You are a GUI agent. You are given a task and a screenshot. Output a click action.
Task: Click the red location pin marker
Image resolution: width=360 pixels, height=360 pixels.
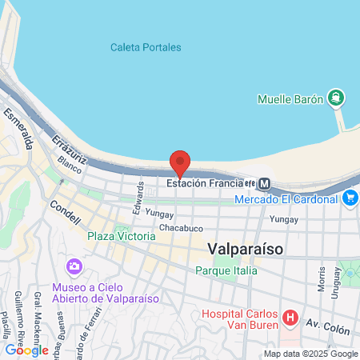click(x=180, y=162)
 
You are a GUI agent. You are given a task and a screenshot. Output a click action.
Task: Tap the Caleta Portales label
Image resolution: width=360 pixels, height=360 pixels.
click(x=146, y=47)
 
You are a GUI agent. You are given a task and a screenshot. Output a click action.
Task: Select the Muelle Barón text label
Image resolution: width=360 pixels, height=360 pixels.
click(x=290, y=100)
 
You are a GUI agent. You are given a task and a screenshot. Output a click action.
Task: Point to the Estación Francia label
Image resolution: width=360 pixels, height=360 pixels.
click(x=204, y=182)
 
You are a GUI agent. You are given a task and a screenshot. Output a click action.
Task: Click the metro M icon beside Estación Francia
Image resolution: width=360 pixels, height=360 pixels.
click(x=265, y=183)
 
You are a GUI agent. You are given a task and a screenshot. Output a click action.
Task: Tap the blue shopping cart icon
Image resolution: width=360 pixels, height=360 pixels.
click(x=350, y=198)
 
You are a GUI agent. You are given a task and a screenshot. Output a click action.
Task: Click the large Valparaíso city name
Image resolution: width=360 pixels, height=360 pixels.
click(x=245, y=249)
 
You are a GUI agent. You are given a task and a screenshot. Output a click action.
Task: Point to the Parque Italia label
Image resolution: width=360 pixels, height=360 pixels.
click(x=226, y=270)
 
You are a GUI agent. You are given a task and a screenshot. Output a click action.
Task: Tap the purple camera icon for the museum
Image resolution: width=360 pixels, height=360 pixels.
click(x=74, y=266)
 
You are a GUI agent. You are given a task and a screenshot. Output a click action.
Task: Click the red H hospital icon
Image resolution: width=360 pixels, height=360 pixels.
click(x=290, y=319)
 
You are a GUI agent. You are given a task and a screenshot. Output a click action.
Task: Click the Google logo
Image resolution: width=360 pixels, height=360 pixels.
click(x=26, y=350)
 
